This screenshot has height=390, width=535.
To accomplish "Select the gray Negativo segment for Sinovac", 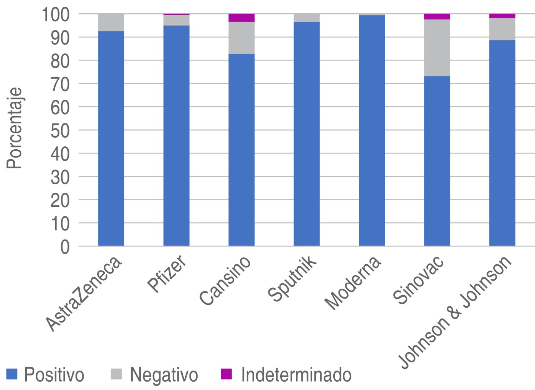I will click(x=437, y=48).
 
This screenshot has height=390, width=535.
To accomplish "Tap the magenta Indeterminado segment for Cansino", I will click(x=241, y=18).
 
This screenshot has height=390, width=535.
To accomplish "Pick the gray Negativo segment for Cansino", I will click(x=241, y=38).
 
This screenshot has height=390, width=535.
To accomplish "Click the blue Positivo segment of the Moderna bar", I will click(x=372, y=130).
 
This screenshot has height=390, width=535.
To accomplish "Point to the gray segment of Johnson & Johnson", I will click(x=502, y=29).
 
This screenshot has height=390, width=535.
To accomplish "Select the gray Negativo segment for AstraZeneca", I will click(x=111, y=22).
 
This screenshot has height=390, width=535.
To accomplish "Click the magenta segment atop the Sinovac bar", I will click(x=437, y=16).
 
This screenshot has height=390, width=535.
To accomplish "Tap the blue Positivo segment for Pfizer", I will click(x=176, y=136).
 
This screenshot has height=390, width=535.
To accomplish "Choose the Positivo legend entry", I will click(x=46, y=374).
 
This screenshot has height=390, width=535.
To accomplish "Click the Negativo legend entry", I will click(x=154, y=374).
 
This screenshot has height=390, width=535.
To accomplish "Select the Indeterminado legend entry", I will click(x=286, y=374).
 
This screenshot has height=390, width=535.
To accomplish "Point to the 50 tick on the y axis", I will click(x=60, y=130).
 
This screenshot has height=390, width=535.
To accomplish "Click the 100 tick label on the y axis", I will click(x=56, y=14).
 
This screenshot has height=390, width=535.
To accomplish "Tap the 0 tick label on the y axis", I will click(x=65, y=246).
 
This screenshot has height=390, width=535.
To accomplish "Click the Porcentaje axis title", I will click(x=14, y=129).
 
